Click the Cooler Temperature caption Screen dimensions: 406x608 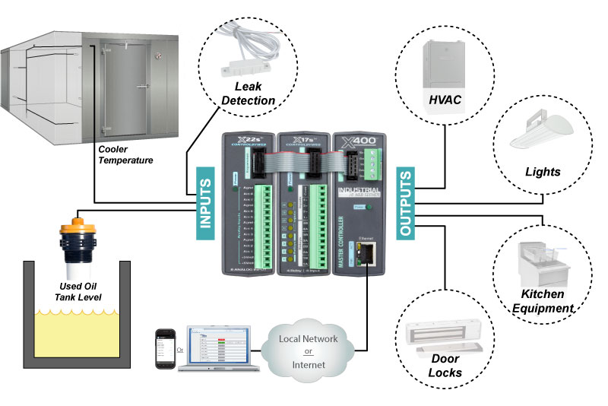click(x=126, y=154)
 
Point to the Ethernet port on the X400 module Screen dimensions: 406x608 click(x=366, y=252)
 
